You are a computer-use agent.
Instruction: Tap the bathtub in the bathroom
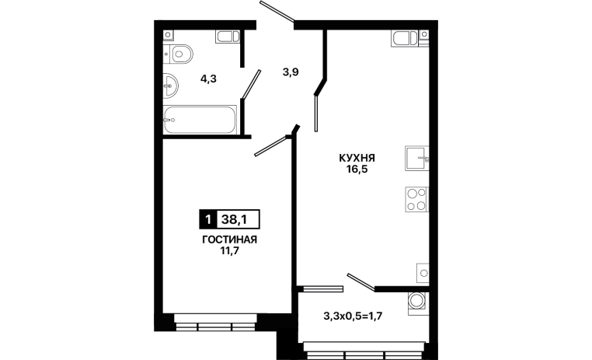pyautogui.click(x=200, y=120)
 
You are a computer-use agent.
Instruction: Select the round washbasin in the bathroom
pyautogui.click(x=170, y=86)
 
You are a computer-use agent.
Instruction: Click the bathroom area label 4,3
pyautogui.click(x=208, y=79)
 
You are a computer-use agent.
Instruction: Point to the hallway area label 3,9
pyautogui.click(x=291, y=72)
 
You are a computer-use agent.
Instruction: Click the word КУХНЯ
pyautogui.click(x=357, y=158)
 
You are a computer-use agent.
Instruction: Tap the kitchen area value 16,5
pyautogui.click(x=357, y=169)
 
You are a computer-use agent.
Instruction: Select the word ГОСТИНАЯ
pyautogui.click(x=229, y=240)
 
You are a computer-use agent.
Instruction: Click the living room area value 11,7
pyautogui.click(x=229, y=251)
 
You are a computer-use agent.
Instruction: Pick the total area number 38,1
pyautogui.click(x=234, y=219)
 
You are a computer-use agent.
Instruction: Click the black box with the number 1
pyautogui.click(x=207, y=219)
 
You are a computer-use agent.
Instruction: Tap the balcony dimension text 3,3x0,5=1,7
pyautogui.click(x=353, y=316)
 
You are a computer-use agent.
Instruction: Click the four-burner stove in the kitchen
pyautogui.click(x=417, y=199)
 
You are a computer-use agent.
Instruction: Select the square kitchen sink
pyautogui.click(x=417, y=159)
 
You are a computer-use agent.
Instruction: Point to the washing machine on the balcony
pyautogui.click(x=417, y=302)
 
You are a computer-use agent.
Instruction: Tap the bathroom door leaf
pyautogui.click(x=252, y=85)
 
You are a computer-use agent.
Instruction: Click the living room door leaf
pyautogui.click(x=271, y=145)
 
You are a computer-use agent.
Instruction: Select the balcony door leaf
pyautogui.click(x=361, y=282)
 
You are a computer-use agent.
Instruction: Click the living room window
pyautogui.click(x=215, y=323)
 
